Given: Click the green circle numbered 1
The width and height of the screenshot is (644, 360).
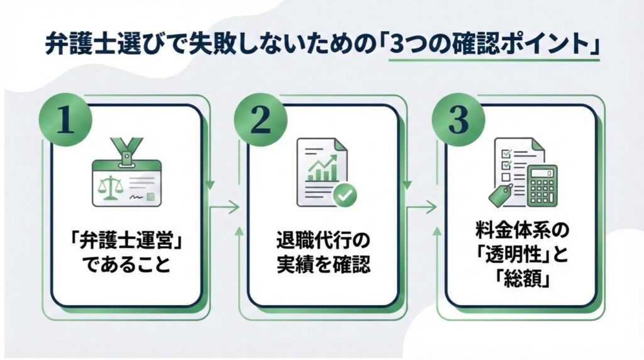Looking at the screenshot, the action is (x=65, y=120).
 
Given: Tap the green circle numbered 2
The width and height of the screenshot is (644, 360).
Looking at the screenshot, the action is (x=261, y=120).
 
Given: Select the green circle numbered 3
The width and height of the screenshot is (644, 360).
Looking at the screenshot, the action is (x=458, y=120).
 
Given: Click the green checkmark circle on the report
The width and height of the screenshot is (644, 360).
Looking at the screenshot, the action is (x=344, y=195).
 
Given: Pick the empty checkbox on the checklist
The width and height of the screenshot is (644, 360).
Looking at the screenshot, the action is (x=506, y=177).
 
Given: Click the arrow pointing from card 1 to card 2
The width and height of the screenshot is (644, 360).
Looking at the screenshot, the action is (x=225, y=206).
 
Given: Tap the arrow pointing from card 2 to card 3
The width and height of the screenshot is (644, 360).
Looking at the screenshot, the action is (x=422, y=206).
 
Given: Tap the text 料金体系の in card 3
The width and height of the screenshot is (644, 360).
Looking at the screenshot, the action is (x=522, y=230).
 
